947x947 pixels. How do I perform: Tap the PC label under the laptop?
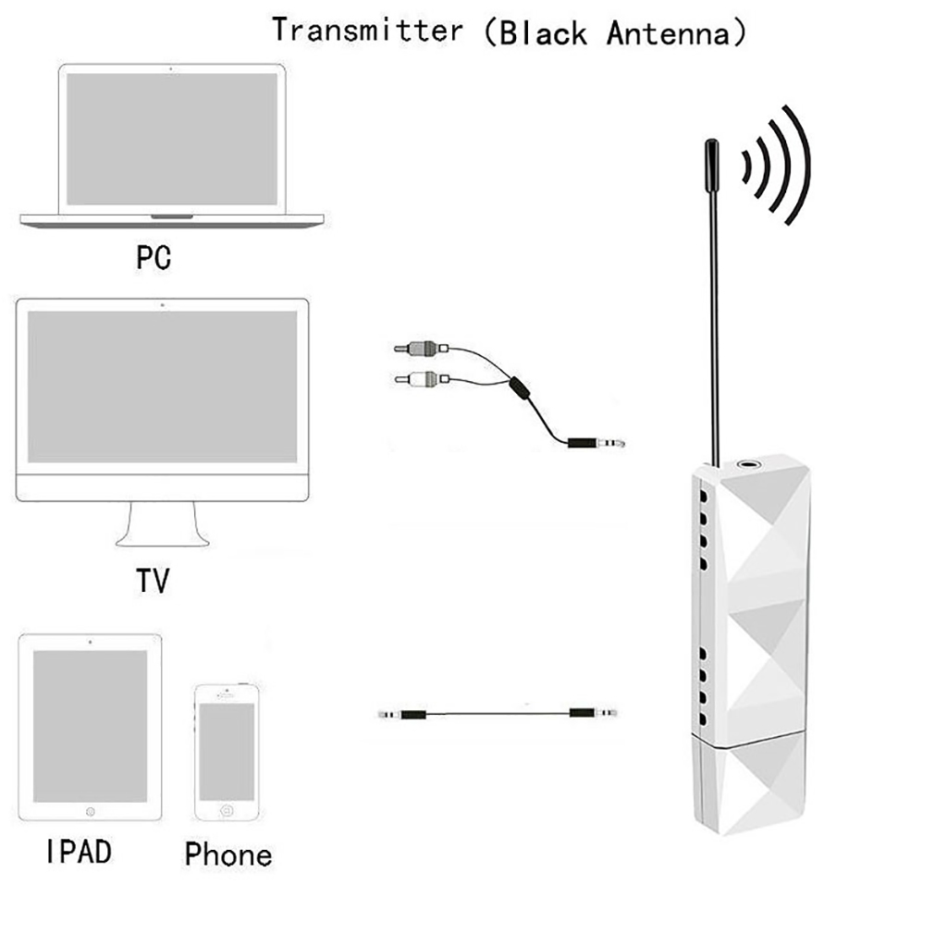point(154,256)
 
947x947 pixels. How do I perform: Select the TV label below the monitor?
point(154,581)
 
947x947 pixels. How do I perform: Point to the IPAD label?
point(78,851)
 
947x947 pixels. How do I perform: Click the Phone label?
point(228,854)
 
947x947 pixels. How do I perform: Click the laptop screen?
point(172,139)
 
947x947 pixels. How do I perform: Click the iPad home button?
point(90,811)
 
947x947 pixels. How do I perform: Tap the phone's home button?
point(226,811)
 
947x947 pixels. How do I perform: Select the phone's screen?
point(226,751)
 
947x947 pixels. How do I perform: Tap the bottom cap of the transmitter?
point(749,786)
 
